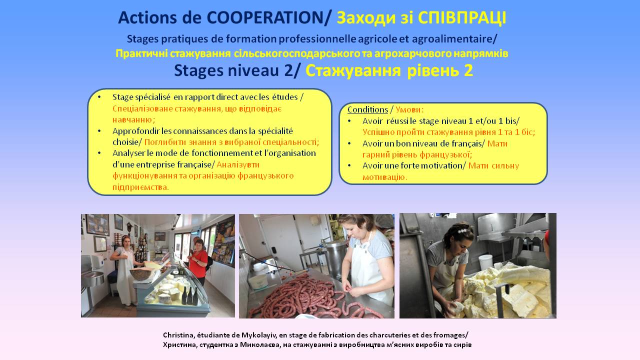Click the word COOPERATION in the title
265,17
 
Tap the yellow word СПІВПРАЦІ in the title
462,17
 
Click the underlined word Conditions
367,109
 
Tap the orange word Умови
408,109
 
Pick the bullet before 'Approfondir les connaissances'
99,131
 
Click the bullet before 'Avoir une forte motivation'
349,165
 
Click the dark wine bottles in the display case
189,295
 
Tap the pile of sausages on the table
305,297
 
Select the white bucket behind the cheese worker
485,262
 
